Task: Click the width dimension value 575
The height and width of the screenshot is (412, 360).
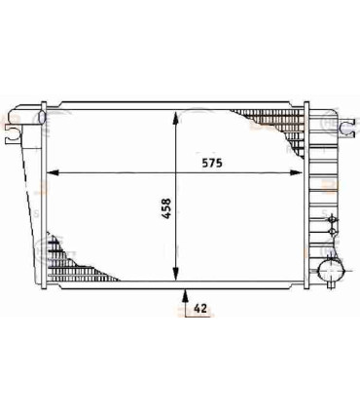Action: (x=212, y=164)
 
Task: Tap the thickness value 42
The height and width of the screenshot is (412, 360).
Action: (x=201, y=309)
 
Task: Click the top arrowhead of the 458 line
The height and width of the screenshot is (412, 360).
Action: (x=176, y=107)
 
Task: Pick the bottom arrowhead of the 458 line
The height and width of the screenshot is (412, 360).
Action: (x=176, y=277)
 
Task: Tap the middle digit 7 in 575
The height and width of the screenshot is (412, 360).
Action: (x=212, y=164)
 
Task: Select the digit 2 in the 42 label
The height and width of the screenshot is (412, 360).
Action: (x=205, y=309)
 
